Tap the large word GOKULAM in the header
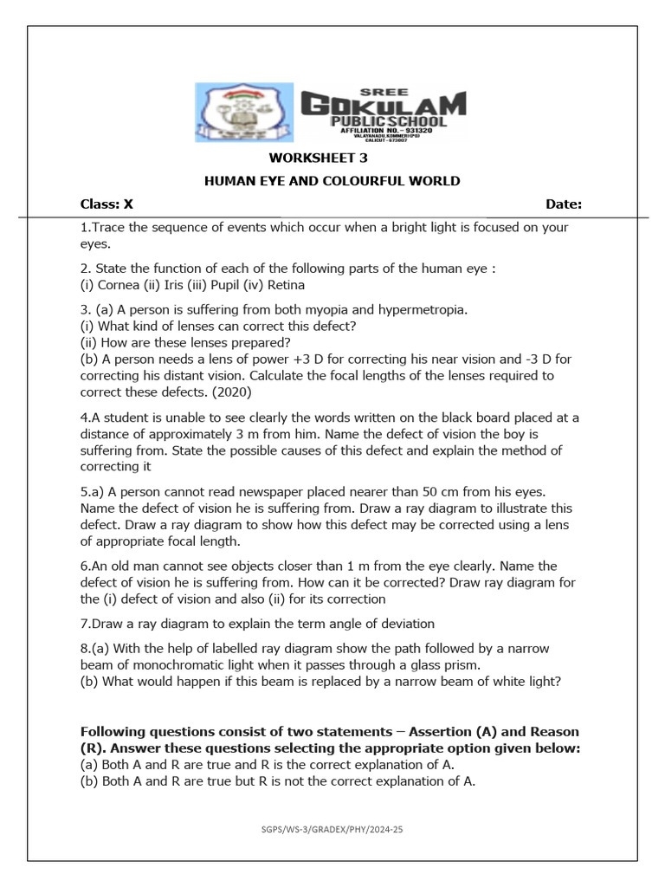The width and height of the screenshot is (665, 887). point(383,105)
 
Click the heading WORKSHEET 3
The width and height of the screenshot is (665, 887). point(313,158)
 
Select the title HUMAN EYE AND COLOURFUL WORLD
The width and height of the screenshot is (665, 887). point(332,181)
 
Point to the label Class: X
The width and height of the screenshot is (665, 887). point(107,204)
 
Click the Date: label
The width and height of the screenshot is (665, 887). point(564,204)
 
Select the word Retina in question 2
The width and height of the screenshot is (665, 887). point(283,284)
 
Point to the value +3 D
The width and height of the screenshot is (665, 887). point(324,359)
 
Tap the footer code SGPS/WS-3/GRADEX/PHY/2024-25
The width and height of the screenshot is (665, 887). point(332,830)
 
